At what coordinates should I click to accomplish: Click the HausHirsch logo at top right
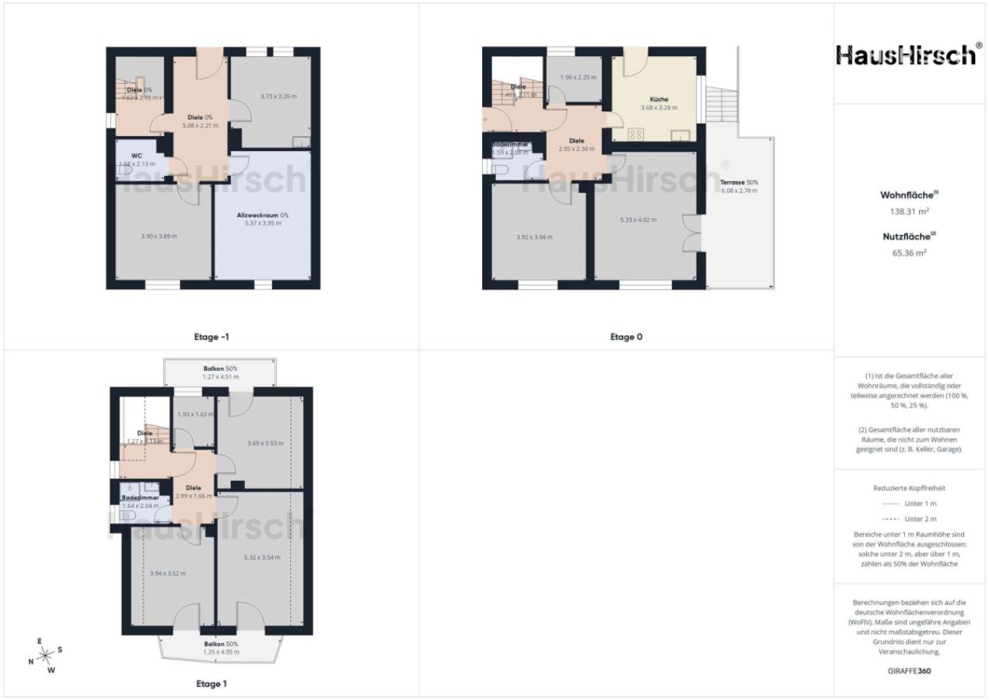pos(906,55)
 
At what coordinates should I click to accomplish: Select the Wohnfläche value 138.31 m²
pos(910,211)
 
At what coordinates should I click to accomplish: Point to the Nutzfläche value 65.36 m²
pos(910,253)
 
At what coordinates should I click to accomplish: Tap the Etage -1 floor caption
pos(211,337)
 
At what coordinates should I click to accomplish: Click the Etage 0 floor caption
pos(626,337)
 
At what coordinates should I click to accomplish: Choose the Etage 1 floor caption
pos(211,684)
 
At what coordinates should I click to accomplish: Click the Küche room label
pos(659,100)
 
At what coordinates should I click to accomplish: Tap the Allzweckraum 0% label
pos(262,215)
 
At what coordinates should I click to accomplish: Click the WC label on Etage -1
pos(137,156)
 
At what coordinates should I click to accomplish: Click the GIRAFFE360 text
pos(910,670)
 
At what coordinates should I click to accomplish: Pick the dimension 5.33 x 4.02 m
pos(639,220)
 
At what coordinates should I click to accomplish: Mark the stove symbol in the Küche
pos(634,135)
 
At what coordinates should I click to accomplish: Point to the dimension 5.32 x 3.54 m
pos(261,557)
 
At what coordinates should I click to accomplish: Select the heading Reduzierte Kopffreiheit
pos(910,488)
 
